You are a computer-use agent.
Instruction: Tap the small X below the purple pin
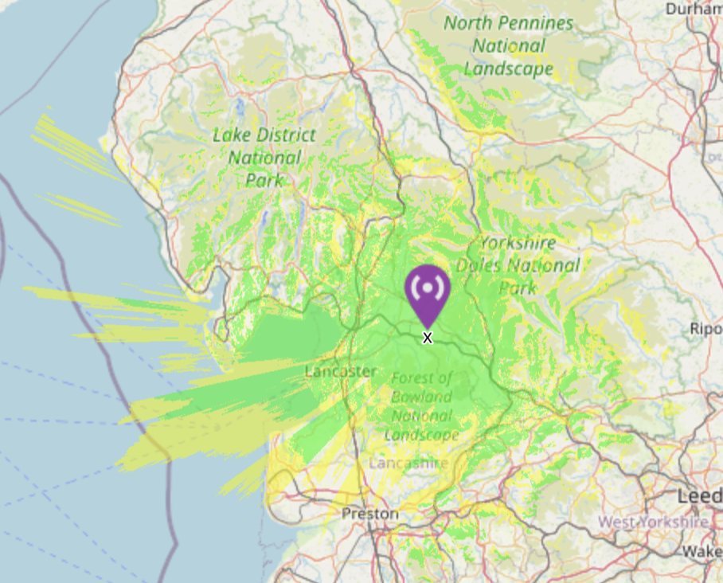pyautogui.click(x=428, y=338)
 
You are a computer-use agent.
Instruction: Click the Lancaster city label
pyautogui.click(x=341, y=371)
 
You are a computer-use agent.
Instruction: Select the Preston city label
pyautogui.click(x=369, y=515)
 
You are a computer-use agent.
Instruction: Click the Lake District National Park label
pyautogui.click(x=264, y=158)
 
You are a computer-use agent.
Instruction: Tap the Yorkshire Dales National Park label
pyautogui.click(x=518, y=264)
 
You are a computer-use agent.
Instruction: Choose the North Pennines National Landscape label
pyautogui.click(x=508, y=46)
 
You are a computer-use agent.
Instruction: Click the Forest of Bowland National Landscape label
pyautogui.click(x=422, y=406)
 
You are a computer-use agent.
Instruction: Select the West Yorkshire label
pyautogui.click(x=653, y=522)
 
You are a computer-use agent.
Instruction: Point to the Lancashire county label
pyautogui.click(x=408, y=464)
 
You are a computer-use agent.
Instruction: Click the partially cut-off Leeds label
pyautogui.click(x=700, y=496)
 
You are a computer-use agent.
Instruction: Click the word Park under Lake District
pyautogui.click(x=264, y=181)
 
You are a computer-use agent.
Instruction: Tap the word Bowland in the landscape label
pyautogui.click(x=421, y=397)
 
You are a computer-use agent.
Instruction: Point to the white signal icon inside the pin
pyautogui.click(x=428, y=288)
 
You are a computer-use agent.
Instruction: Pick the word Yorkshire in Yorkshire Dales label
pyautogui.click(x=518, y=243)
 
